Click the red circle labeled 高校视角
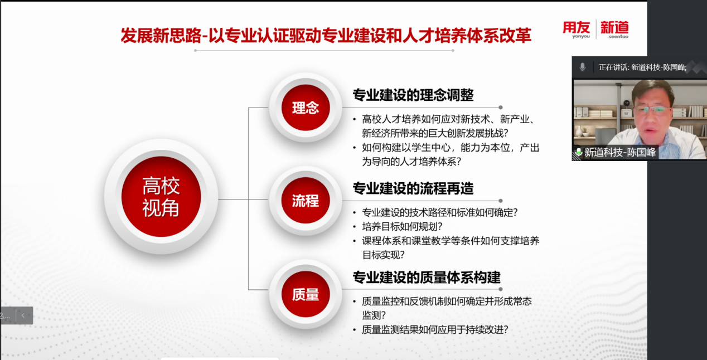161,197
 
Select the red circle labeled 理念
306,108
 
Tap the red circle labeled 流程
306,201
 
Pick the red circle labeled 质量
306,294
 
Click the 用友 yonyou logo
577,30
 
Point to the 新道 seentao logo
614,30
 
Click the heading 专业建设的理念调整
413,95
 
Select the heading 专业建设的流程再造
413,188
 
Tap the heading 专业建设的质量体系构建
427,278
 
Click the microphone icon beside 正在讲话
583,67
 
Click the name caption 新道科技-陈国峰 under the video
620,152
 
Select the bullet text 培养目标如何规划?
402,227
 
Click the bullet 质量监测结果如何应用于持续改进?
435,330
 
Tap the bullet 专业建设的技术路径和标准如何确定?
440,212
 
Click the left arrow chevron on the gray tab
23,315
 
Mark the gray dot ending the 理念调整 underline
501,107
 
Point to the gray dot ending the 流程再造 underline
501,201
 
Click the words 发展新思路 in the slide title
161,35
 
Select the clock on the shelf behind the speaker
627,103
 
